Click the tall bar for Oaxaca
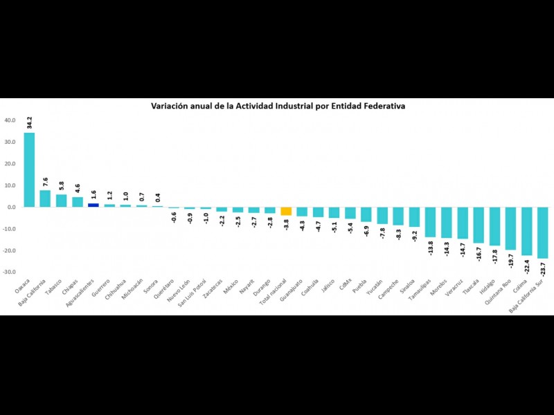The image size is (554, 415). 29,169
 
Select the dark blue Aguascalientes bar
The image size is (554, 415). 93,205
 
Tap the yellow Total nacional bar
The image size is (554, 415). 286,211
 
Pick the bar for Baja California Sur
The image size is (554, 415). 542,232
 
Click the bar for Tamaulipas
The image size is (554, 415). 430,222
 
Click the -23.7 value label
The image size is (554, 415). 542,268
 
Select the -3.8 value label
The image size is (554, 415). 286,224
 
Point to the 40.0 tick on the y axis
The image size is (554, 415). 10,120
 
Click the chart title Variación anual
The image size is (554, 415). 278,107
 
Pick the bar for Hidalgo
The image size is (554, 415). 494,226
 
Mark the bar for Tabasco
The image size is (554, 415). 62,201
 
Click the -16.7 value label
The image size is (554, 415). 479,253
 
